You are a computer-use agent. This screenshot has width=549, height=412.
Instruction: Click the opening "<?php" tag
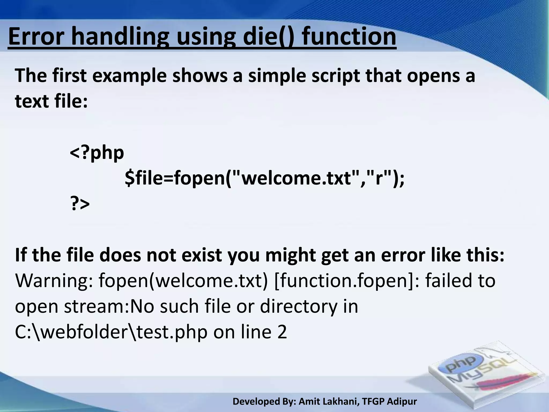pos(97,153)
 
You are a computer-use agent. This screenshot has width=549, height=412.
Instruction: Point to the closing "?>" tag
pos(80,204)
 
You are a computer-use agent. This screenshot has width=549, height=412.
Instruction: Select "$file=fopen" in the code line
pos(175,179)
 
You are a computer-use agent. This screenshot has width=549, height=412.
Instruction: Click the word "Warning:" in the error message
pos(54,281)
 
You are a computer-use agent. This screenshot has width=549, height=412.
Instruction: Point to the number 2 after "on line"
pos(282,332)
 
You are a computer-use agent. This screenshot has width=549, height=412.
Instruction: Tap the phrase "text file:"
pos(51,101)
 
